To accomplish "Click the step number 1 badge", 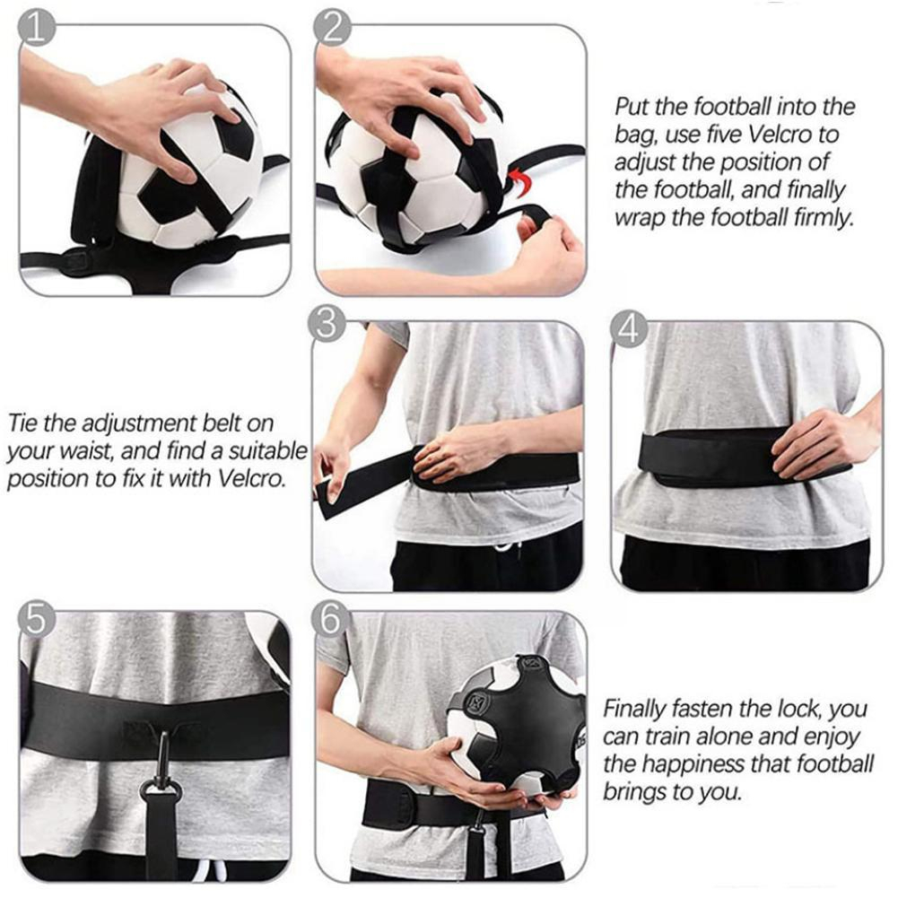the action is (x=37, y=29).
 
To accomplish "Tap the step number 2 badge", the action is (x=333, y=28).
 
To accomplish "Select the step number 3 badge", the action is (x=327, y=324).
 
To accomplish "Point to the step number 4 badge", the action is (x=629, y=329).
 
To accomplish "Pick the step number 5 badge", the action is (x=36, y=618).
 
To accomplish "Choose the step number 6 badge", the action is (x=331, y=619).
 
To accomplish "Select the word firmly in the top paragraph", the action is (x=824, y=218).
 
